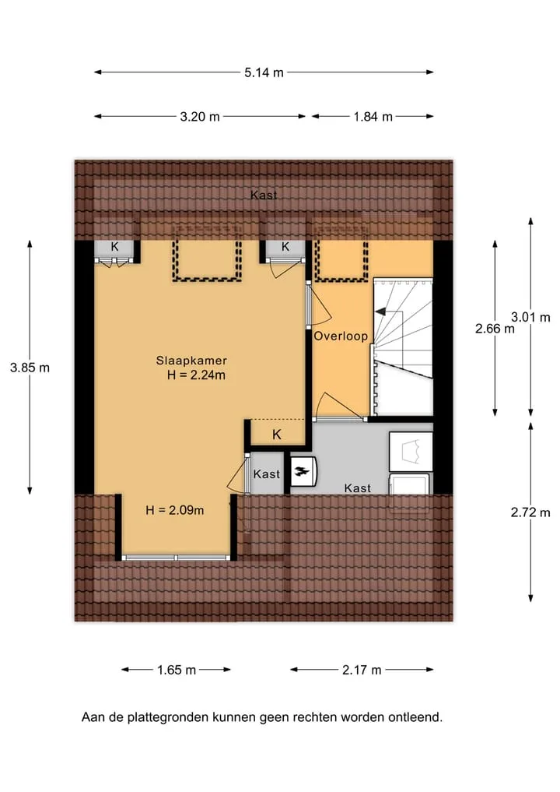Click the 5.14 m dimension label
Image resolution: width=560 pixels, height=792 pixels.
pyautogui.click(x=264, y=72)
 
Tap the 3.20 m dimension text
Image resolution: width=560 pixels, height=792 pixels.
pyautogui.click(x=200, y=117)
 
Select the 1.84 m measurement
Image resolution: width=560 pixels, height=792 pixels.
pyautogui.click(x=373, y=117)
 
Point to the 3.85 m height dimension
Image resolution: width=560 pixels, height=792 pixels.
pyautogui.click(x=30, y=368)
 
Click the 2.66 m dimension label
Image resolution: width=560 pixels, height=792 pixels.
pyautogui.click(x=495, y=329)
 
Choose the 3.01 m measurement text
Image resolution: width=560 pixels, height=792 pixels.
pyautogui.click(x=530, y=317)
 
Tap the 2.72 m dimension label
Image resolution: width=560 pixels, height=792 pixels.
pyautogui.click(x=530, y=512)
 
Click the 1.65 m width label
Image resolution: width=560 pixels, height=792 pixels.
pyautogui.click(x=176, y=671)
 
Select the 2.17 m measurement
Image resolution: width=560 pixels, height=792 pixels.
pyautogui.click(x=362, y=671)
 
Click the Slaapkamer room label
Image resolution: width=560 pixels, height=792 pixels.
pyautogui.click(x=191, y=361)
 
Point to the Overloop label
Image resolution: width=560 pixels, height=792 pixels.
pyautogui.click(x=341, y=336)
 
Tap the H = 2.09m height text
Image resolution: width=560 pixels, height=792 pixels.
pyautogui.click(x=174, y=510)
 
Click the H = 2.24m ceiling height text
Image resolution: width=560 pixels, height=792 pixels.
pyautogui.click(x=196, y=375)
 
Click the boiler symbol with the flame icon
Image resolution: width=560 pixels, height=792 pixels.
pyautogui.click(x=303, y=472)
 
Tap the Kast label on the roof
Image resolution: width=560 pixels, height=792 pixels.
pyautogui.click(x=264, y=195)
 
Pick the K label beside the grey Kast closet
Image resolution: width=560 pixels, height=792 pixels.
pyautogui.click(x=276, y=435)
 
